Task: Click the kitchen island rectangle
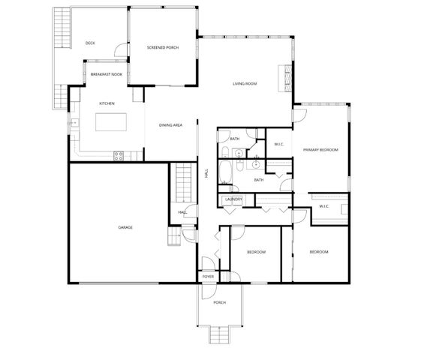(x=110, y=122)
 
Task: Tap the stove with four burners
(x=118, y=155)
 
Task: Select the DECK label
(x=90, y=43)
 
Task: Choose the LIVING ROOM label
(x=244, y=84)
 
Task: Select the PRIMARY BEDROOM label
(x=320, y=150)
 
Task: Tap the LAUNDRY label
(x=233, y=199)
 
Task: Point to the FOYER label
(x=208, y=277)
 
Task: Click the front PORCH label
(x=219, y=302)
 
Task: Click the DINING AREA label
(x=170, y=125)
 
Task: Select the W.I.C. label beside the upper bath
(x=278, y=144)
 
